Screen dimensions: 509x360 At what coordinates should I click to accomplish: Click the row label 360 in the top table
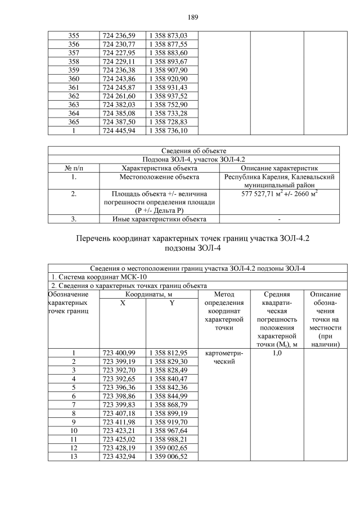click(73, 79)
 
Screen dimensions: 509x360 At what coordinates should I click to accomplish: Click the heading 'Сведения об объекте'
click(193, 150)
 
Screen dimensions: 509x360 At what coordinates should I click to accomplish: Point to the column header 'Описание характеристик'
click(280, 168)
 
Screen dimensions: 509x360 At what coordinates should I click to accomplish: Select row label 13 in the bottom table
click(73, 457)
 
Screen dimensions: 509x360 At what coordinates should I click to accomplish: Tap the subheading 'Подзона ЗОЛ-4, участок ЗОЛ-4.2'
click(193, 159)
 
